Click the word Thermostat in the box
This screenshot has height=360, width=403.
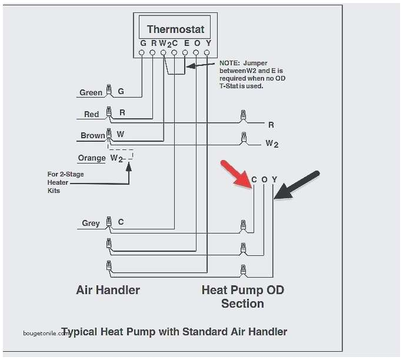point(175,29)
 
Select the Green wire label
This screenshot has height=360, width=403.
point(91,92)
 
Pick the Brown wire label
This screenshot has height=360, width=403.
point(92,135)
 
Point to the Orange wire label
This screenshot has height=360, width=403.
point(91,158)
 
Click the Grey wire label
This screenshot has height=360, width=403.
point(91,223)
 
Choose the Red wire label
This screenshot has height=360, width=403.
point(91,114)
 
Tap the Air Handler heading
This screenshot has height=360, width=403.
point(108,290)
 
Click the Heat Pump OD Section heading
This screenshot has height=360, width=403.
point(242,296)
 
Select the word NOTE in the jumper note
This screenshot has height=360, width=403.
point(229,62)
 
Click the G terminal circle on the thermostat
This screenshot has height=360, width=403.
point(142,53)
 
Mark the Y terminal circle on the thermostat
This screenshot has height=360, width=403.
point(207,53)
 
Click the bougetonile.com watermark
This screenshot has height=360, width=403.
point(46,333)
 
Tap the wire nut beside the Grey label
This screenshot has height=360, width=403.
point(108,222)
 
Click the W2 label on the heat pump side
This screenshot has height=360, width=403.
point(271,143)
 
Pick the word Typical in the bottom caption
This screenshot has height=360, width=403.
point(82,332)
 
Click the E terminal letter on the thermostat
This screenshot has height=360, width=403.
point(186,43)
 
